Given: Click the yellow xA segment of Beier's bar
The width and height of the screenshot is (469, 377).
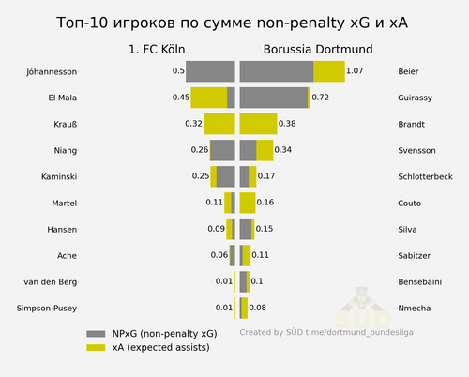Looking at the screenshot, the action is coord(329,71).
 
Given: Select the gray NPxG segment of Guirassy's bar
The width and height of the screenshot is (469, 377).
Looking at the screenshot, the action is coord(274,98).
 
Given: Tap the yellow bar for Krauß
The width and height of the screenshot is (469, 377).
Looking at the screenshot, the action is coord(219,124).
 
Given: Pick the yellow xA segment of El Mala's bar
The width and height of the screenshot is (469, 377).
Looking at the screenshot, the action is coord(209,98).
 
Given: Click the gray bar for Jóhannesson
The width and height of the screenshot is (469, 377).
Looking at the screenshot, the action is coord(210,71).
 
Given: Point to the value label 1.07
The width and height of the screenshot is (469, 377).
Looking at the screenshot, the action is coord(355,71).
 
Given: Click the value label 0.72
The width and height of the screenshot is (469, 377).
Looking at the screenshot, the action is coord(321,98).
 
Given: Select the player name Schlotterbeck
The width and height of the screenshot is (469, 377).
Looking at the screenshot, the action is coord(425,177).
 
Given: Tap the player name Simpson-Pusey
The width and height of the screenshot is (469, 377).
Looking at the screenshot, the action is coord(47,309).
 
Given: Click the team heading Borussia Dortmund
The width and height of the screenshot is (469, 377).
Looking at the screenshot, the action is coord(318,50).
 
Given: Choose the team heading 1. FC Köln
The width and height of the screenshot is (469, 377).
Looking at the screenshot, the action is coord(157,50).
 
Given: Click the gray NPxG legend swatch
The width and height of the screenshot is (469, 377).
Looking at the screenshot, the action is coord(96,334).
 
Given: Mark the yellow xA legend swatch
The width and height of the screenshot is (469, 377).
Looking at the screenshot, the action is coord(96,348).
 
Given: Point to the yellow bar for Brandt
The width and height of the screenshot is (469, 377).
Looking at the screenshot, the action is coord(258,124).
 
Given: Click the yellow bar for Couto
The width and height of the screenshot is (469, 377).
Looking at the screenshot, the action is coord(248,204).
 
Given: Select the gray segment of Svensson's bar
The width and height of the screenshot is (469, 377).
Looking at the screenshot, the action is coord(249,150).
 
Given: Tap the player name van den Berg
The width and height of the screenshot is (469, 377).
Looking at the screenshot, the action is coord(51,282).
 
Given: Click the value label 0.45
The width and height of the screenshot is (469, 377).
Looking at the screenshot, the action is coord(181,98).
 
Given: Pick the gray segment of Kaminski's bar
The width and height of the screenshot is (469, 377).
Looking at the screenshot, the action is coord(226,177).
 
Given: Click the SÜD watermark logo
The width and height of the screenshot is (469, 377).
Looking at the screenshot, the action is coord(363,308).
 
